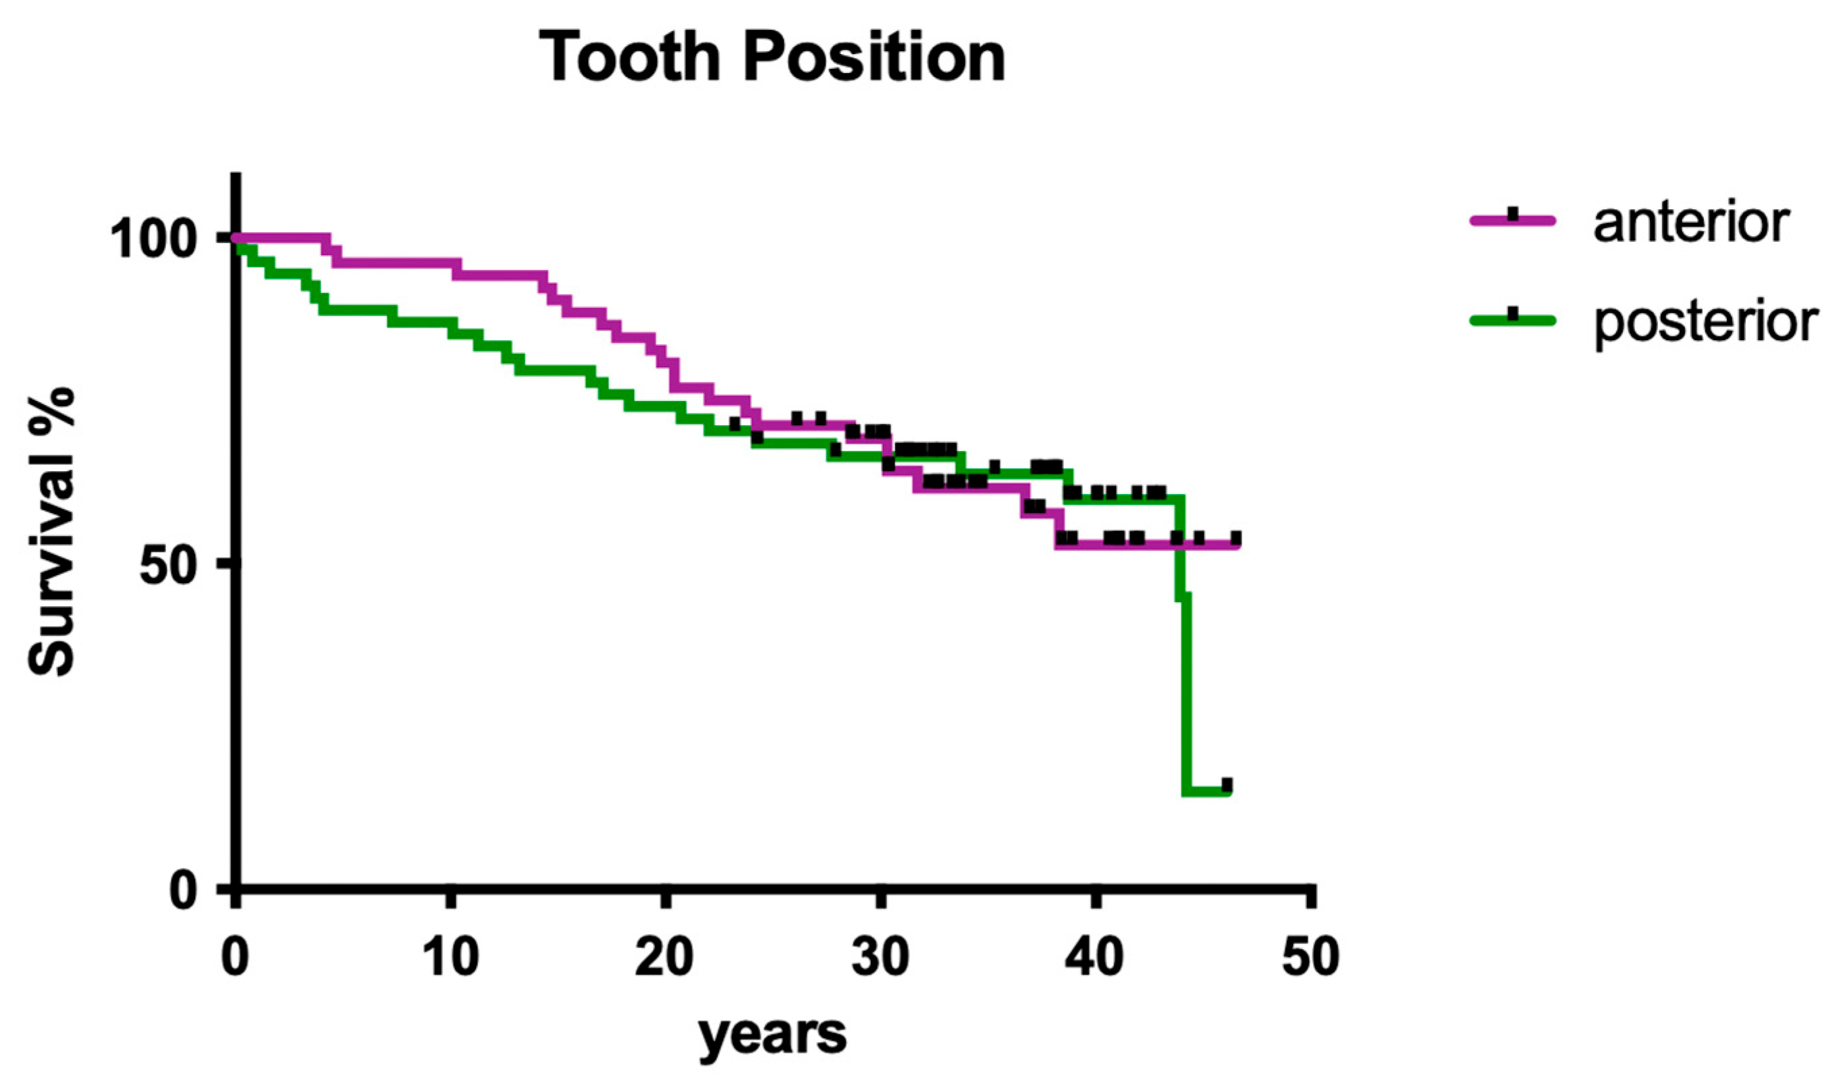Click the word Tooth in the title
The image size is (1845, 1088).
click(630, 57)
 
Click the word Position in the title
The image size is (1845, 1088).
click(874, 57)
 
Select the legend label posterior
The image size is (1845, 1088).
click(1706, 322)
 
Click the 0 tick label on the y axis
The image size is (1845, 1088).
click(184, 891)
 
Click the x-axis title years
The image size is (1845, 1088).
click(772, 1035)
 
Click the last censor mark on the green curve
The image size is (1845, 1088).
click(1227, 784)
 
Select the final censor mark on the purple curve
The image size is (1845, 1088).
click(1235, 538)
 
